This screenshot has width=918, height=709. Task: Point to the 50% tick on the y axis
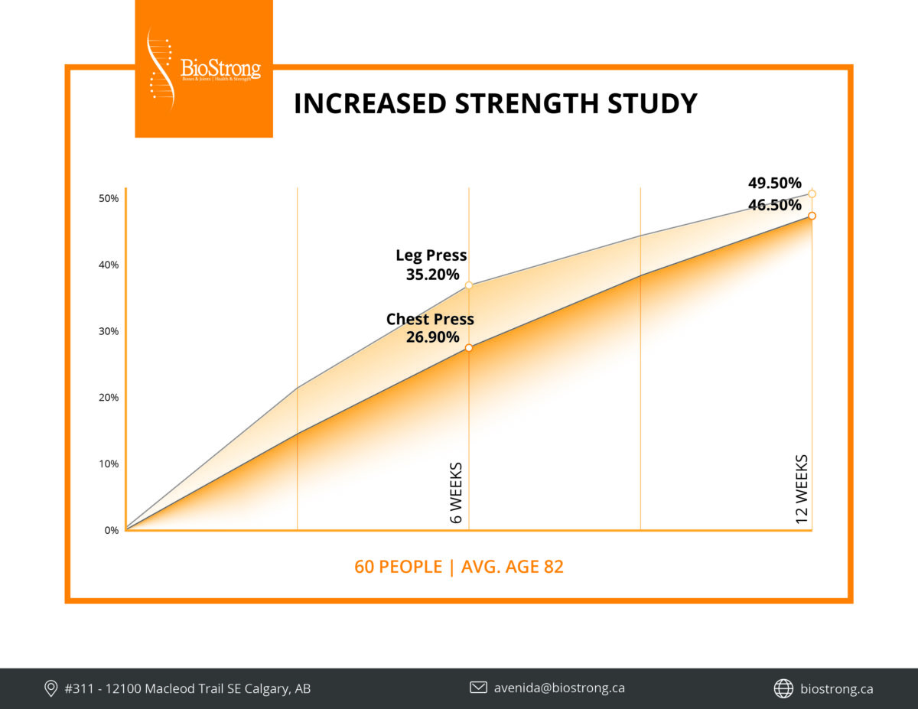pos(109,199)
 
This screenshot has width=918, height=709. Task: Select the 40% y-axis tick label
pos(109,265)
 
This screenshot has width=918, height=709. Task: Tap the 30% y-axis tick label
pos(109,332)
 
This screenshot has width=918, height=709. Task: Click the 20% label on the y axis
pos(109,398)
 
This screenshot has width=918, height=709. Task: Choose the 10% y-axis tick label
pos(109,464)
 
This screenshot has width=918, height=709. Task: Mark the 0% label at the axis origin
pos(112,530)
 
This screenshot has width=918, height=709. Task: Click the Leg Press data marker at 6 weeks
pos(469,285)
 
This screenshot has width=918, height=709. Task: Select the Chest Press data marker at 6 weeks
pos(469,348)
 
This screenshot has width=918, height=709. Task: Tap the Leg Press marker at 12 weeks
pos(812,194)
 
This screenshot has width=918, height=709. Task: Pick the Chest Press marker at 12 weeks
pos(812,216)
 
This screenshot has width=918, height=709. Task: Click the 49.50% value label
pos(774,184)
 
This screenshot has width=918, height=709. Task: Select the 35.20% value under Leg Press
pos(432,275)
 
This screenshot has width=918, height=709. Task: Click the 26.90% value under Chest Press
pos(432,337)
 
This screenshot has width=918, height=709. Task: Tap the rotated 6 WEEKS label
pos(457,493)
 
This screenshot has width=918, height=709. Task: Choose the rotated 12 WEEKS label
pos(802,489)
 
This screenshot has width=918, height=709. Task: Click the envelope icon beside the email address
pos(478,688)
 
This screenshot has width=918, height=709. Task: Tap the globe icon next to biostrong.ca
pos(783,688)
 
